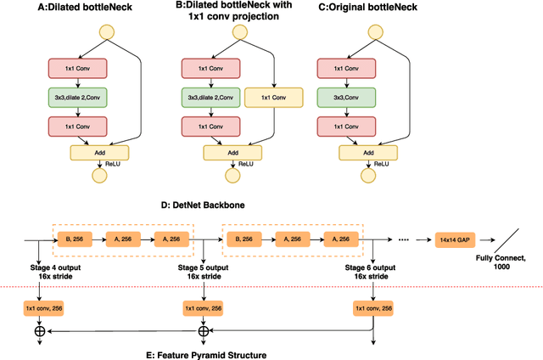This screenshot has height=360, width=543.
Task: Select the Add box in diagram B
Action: [x=232, y=153]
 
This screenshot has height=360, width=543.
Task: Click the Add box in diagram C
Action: [x=366, y=153]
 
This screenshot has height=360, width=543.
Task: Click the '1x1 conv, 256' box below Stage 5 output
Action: [x=204, y=307]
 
